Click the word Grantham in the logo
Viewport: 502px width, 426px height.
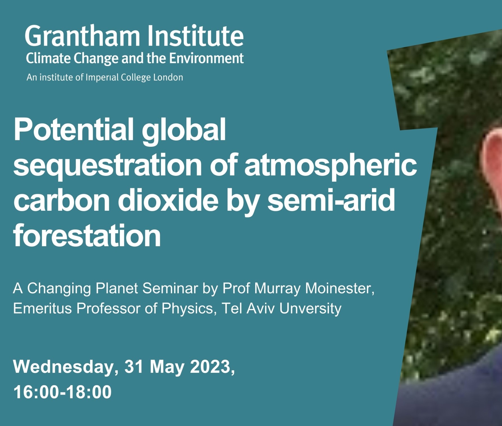click(82, 36)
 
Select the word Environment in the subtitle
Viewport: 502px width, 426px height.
click(206, 58)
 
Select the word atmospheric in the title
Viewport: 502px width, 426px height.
click(331, 166)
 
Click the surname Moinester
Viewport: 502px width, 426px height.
click(340, 288)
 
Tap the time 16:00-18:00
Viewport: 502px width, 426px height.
click(62, 392)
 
